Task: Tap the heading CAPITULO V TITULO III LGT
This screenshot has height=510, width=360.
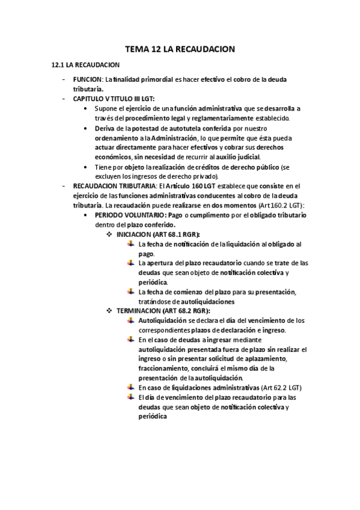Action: [114, 98]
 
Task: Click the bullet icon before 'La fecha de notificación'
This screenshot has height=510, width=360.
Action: [132, 244]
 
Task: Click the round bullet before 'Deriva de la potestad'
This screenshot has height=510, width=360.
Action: [88, 129]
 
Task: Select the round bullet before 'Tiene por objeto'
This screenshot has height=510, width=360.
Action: [88, 167]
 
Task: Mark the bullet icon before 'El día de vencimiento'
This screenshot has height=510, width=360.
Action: [132, 397]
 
